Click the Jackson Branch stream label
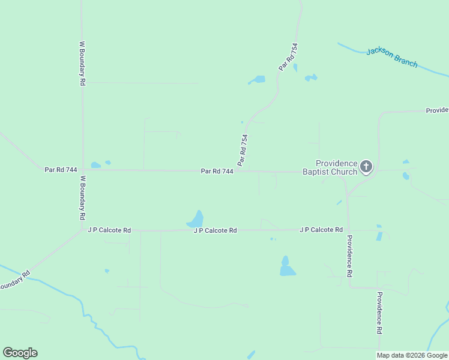[x=391, y=58]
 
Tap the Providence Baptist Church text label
[x=337, y=167]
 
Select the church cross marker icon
[x=366, y=166]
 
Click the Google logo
[x=20, y=353]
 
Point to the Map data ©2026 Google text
[x=412, y=355]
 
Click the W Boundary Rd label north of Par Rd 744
[x=82, y=63]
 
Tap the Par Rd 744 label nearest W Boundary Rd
[x=61, y=170]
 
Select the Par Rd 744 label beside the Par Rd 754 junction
[x=217, y=171]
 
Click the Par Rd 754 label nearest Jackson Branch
[x=289, y=58]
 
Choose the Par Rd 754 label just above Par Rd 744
[x=243, y=150]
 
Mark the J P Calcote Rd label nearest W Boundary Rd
[x=109, y=230]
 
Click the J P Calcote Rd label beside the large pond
[x=215, y=230]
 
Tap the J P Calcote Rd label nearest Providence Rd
[x=321, y=230]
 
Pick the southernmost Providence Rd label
[x=379, y=313]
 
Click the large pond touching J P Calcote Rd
[x=196, y=219]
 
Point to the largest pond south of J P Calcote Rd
[x=287, y=267]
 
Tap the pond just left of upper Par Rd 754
[x=258, y=79]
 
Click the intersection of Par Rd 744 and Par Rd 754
[x=238, y=170]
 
